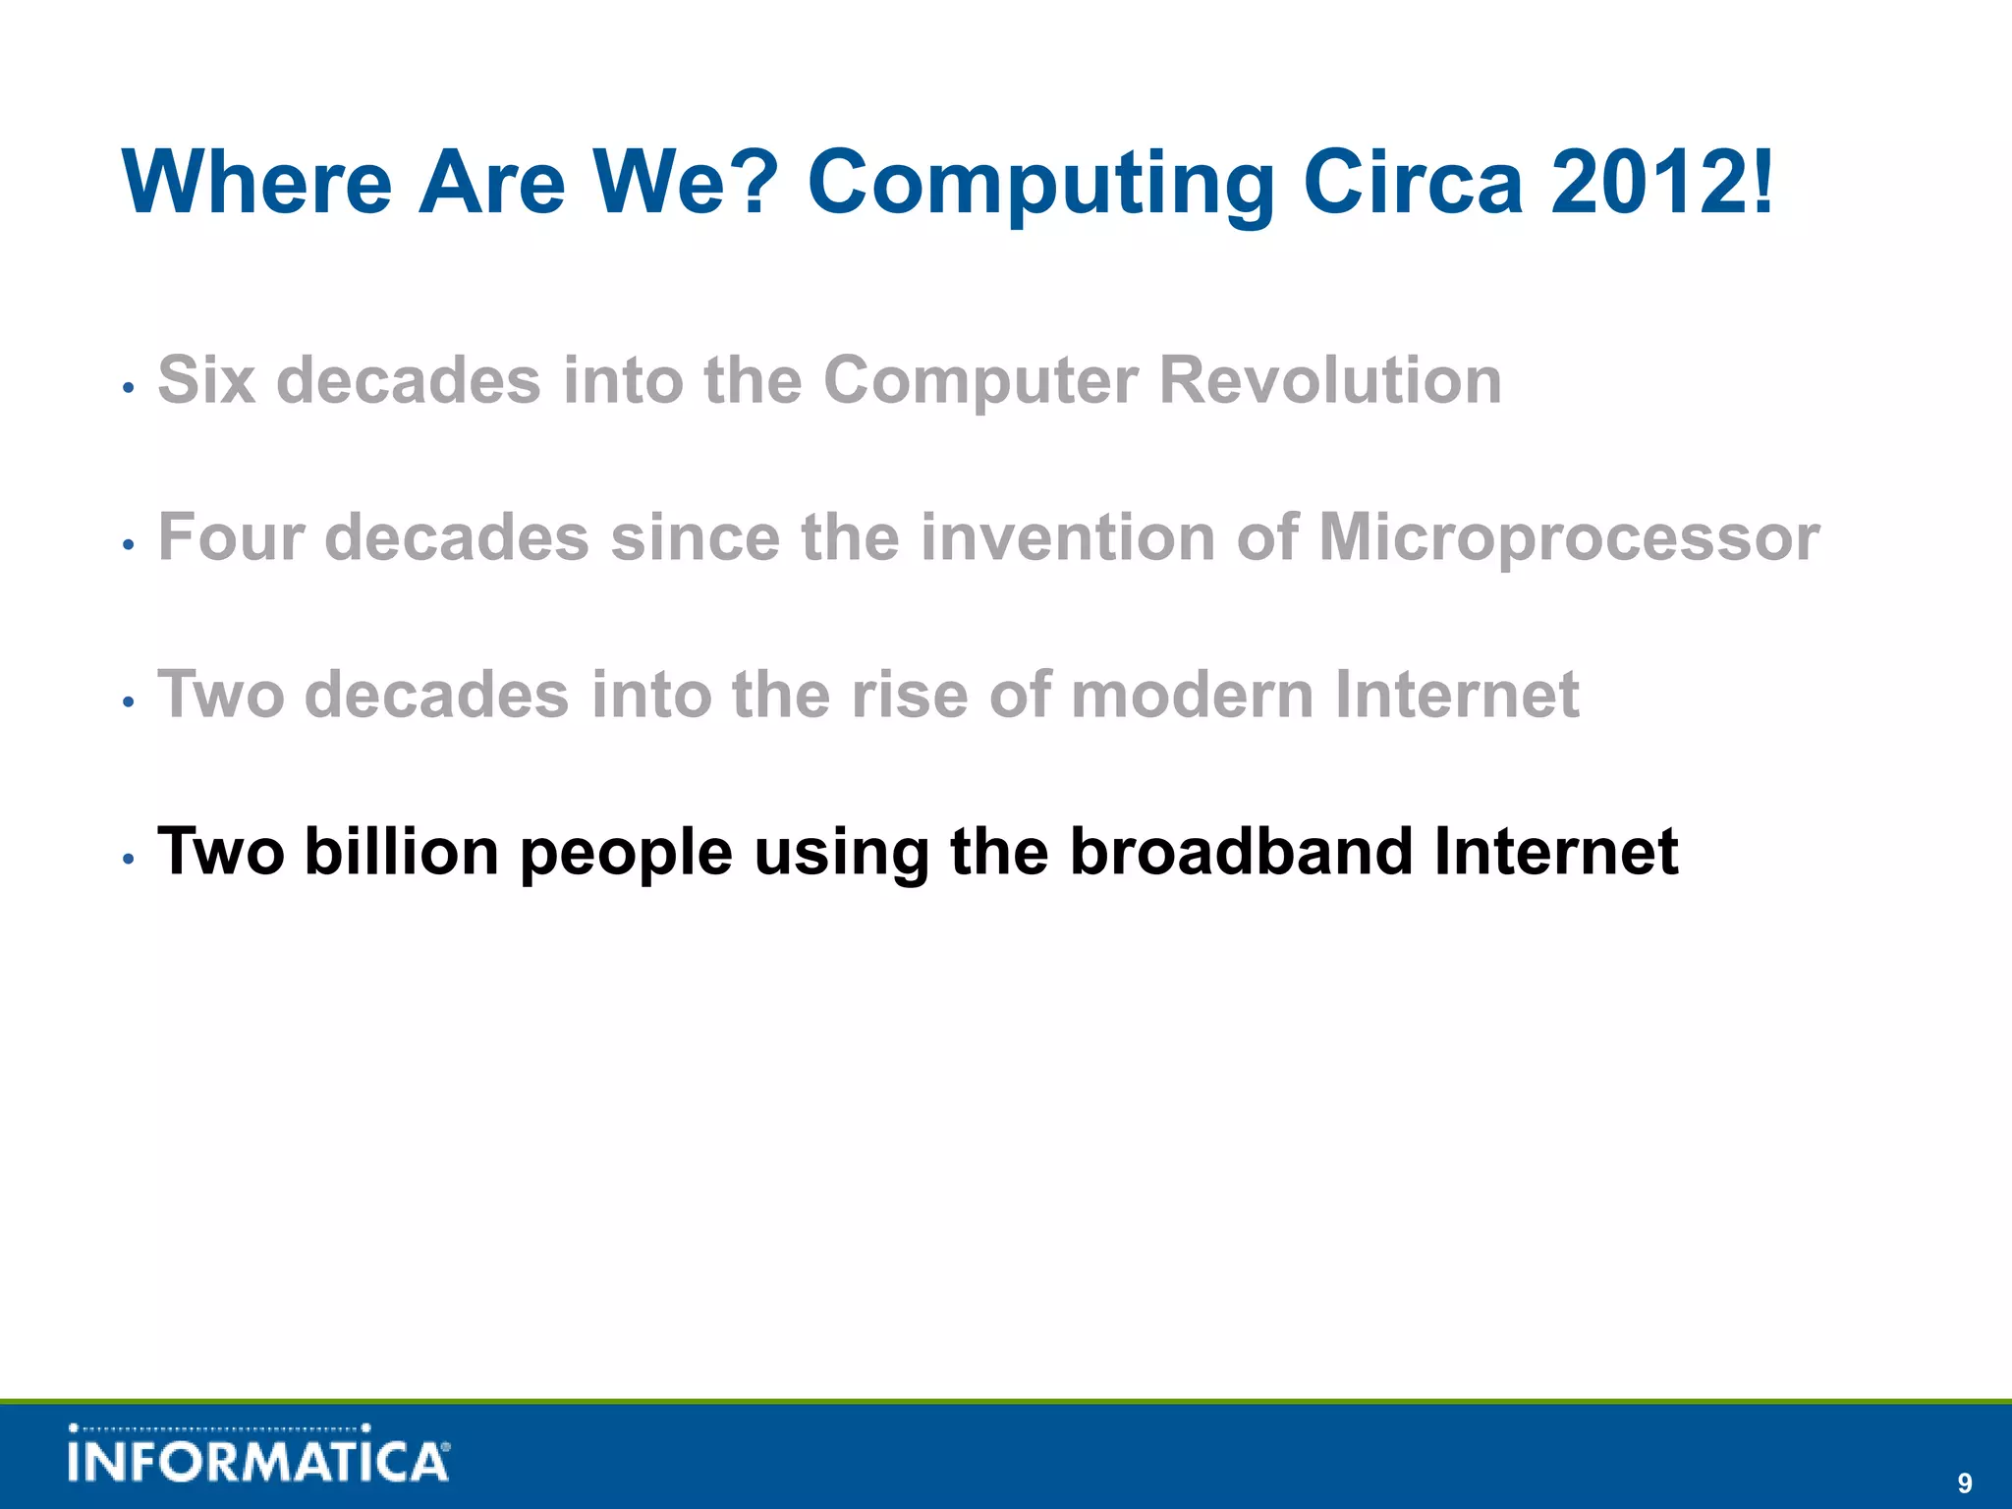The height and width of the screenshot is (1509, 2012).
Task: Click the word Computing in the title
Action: coord(1039,184)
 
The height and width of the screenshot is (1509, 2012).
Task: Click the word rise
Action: coord(909,695)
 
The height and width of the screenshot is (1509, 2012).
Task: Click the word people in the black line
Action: coord(626,853)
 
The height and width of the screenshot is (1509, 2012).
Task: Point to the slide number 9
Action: coord(1964,1483)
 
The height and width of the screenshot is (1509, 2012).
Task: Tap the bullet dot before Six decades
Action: coord(128,388)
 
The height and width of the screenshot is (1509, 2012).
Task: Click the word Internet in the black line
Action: coord(1555,851)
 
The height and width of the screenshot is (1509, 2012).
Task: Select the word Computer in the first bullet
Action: coord(980,381)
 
